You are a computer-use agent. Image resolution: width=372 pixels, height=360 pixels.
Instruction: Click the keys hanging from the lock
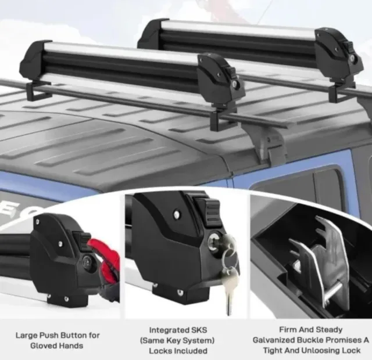pyautogui.click(x=230, y=272)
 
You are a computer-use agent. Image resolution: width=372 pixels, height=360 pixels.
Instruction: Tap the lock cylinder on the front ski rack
pyautogui.click(x=234, y=84)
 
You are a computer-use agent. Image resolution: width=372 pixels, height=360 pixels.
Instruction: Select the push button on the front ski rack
pyautogui.click(x=231, y=71)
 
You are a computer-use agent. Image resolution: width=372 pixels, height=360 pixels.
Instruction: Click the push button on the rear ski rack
pyautogui.click(x=348, y=45)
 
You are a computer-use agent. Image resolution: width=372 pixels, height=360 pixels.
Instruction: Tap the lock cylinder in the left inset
pyautogui.click(x=87, y=261)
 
